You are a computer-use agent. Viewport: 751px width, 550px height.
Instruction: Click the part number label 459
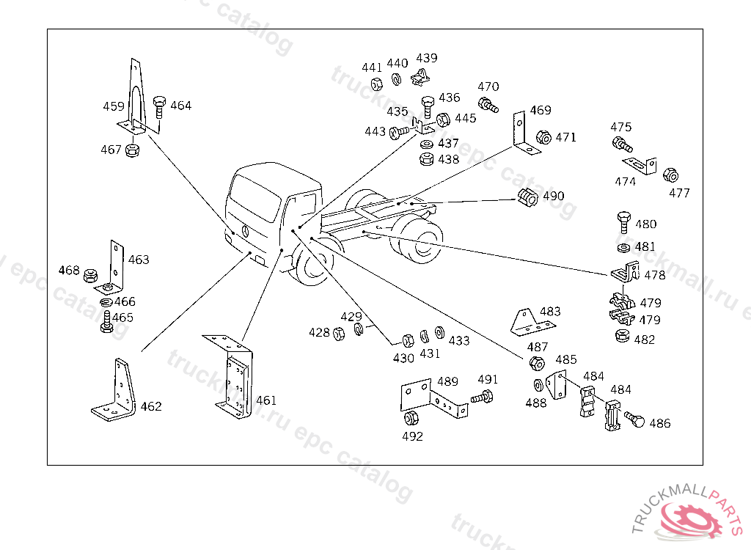click(114, 106)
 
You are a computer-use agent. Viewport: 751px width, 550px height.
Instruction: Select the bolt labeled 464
click(159, 107)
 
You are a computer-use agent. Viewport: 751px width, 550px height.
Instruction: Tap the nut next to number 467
click(132, 150)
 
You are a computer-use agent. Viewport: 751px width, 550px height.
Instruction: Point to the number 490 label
click(553, 196)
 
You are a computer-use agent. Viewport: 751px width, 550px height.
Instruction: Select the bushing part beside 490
click(528, 197)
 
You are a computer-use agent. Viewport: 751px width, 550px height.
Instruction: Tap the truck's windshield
click(255, 197)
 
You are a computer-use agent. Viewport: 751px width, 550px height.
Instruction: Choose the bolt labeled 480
click(624, 223)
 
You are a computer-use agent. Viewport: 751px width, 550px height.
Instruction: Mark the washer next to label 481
click(624, 248)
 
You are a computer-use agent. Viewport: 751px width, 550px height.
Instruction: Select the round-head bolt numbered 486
click(634, 419)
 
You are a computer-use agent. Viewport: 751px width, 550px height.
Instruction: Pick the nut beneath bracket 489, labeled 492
click(411, 418)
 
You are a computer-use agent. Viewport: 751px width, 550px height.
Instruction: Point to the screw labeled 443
click(399, 132)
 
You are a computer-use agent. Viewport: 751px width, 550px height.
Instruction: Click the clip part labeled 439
click(420, 77)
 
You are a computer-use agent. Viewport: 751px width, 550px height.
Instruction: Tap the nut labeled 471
click(543, 138)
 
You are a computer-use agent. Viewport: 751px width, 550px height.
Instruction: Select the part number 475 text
click(620, 128)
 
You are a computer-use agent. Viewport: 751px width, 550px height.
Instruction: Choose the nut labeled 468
click(90, 276)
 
